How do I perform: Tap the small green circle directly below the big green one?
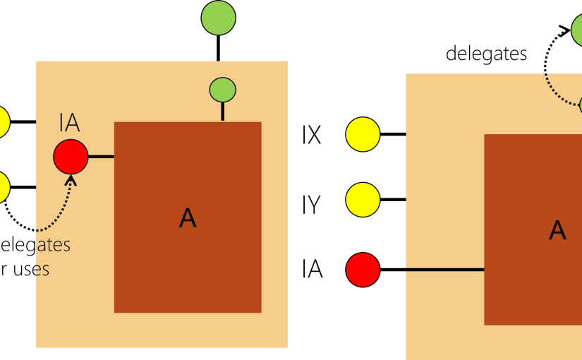(x=222, y=90)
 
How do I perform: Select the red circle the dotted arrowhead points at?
(x=71, y=156)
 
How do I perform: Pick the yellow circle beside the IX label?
(x=363, y=134)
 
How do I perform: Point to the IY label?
(x=312, y=205)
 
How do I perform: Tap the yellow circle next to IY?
(x=363, y=199)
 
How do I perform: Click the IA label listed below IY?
(x=312, y=269)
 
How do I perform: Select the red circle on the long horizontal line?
(x=363, y=269)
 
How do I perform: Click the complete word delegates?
(x=487, y=54)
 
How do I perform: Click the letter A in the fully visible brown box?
(x=188, y=218)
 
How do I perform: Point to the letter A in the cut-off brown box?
(x=557, y=230)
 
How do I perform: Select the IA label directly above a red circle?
(x=69, y=125)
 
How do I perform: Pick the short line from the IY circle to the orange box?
(x=393, y=199)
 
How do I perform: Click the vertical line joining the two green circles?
(x=218, y=47)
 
